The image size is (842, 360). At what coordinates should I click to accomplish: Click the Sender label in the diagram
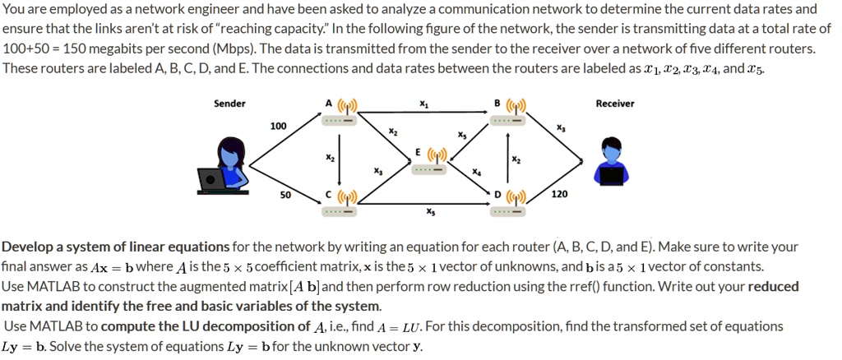pyautogui.click(x=229, y=104)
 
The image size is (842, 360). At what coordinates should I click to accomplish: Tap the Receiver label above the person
pyautogui.click(x=614, y=104)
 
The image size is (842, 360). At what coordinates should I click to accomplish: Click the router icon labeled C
pyautogui.click(x=339, y=203)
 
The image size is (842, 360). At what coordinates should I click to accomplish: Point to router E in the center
pyautogui.click(x=430, y=162)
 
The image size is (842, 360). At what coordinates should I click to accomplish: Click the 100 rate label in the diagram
pyautogui.click(x=278, y=126)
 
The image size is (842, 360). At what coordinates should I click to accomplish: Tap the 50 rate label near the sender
pyautogui.click(x=285, y=195)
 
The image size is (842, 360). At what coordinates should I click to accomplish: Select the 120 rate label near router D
pyautogui.click(x=558, y=195)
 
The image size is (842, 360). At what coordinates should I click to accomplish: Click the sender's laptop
pyautogui.click(x=216, y=179)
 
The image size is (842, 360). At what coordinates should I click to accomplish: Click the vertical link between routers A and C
pyautogui.click(x=340, y=158)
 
